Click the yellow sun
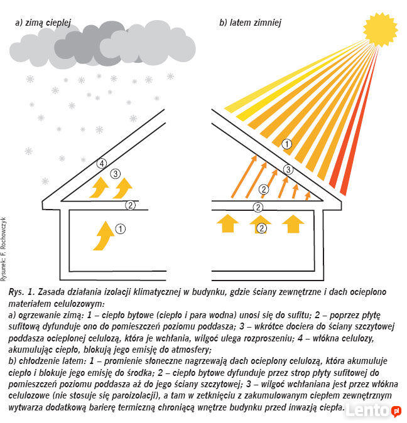(x=380, y=29)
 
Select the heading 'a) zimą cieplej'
(x=43, y=23)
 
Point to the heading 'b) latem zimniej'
(x=250, y=23)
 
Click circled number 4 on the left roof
(x=102, y=163)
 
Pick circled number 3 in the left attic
(x=115, y=174)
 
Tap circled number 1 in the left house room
(x=121, y=229)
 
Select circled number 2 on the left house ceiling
(x=131, y=206)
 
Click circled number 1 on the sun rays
(x=286, y=144)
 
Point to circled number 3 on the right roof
(x=288, y=169)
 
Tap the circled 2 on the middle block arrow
(x=261, y=228)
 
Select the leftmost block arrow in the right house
(x=227, y=223)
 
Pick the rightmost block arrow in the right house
(x=293, y=223)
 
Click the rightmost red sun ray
(x=361, y=121)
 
